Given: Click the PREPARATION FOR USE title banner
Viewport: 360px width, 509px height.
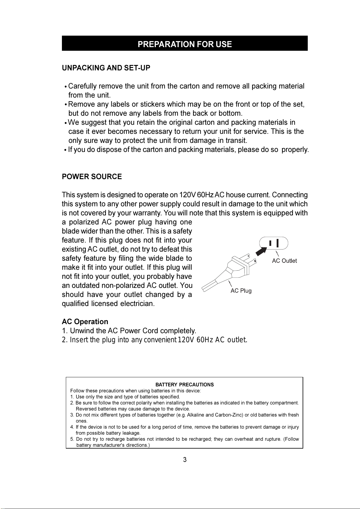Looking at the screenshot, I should (185, 44).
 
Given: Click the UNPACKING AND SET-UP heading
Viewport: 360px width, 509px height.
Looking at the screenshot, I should (106, 68).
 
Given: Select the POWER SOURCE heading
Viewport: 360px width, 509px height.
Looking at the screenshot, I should (92, 177).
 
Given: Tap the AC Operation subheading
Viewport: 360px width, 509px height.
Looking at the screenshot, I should (85, 322).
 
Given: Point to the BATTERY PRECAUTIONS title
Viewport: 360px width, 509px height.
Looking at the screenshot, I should (185, 385).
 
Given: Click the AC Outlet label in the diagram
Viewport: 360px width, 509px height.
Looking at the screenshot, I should (284, 261).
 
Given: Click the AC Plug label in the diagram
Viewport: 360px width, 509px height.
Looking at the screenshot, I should (241, 291).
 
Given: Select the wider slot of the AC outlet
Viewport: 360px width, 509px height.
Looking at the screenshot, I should (277, 243).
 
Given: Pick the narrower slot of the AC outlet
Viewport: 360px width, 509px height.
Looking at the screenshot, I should (271, 243).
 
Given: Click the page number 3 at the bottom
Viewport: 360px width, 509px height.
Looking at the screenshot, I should (185, 460).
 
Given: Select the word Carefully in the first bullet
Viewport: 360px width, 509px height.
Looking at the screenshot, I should (82, 86).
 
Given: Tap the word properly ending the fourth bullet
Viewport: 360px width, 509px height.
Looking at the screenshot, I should (294, 150).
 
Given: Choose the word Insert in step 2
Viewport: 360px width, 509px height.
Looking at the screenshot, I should (79, 340).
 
